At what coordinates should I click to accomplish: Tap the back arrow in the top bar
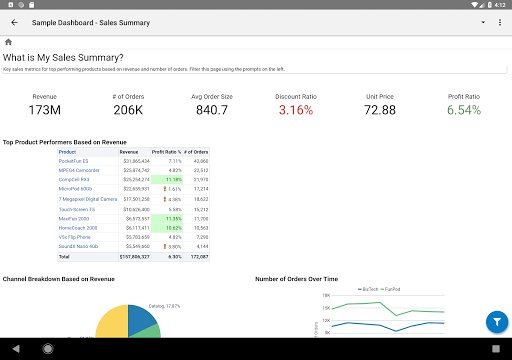(x=14, y=22)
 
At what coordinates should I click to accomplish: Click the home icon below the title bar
(x=8, y=42)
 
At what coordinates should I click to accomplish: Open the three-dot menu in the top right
(x=498, y=22)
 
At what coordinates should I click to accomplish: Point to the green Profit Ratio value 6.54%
(x=464, y=109)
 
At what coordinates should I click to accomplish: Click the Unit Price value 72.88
(x=380, y=109)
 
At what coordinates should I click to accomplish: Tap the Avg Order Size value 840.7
(x=211, y=109)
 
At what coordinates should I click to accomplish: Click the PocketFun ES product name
(x=74, y=160)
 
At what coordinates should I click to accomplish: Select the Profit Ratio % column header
(x=167, y=152)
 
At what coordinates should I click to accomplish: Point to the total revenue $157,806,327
(x=133, y=256)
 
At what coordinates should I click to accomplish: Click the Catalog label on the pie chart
(x=163, y=306)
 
